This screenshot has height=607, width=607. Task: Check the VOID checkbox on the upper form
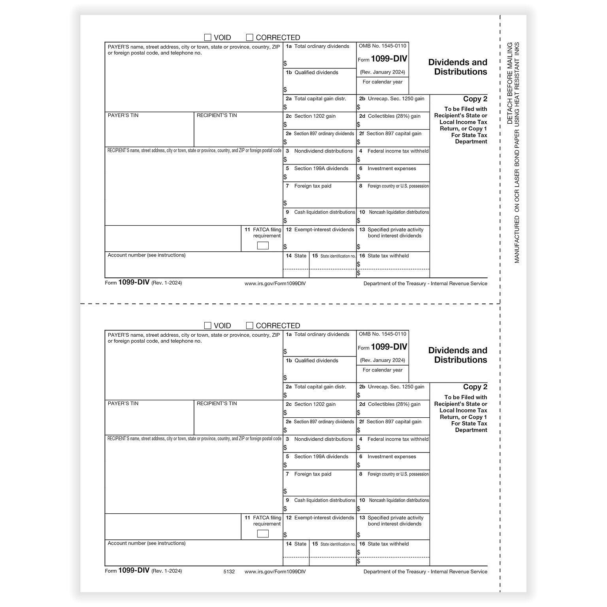207,38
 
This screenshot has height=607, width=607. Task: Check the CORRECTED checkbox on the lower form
249,326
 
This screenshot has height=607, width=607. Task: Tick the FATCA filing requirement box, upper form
263,245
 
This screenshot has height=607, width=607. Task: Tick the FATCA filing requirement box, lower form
263,533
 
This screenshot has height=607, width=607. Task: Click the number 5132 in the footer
229,571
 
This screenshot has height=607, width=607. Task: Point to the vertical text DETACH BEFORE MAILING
510,83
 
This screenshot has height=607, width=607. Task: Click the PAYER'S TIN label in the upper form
123,115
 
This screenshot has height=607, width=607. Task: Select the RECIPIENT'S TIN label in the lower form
217,403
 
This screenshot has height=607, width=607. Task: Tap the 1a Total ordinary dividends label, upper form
318,46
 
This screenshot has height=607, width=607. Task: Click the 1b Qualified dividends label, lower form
312,360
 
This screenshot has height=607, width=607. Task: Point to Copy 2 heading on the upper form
475,99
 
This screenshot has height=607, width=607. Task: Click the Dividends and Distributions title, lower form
458,355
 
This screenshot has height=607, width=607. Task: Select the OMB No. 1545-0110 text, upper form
382,46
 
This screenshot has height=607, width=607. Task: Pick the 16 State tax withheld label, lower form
384,544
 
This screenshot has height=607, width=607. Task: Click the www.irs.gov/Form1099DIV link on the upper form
275,283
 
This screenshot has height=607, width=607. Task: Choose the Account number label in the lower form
146,543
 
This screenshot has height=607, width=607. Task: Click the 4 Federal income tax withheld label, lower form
394,439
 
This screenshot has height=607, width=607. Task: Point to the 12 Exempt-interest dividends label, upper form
320,230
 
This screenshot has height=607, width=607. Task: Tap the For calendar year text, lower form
383,370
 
